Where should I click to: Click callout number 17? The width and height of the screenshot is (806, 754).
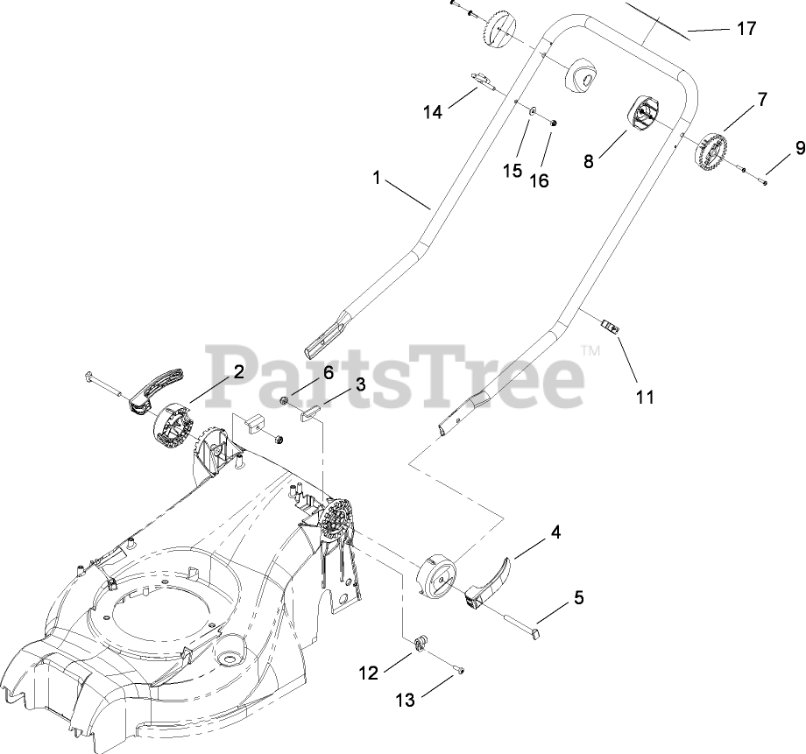click(746, 29)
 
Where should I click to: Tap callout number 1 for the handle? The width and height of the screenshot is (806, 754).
click(376, 178)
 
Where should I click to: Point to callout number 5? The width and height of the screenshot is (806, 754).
click(578, 599)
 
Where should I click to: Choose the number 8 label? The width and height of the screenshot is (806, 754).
click(588, 161)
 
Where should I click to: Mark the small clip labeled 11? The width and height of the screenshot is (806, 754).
click(611, 328)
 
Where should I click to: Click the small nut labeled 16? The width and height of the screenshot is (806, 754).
click(554, 122)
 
